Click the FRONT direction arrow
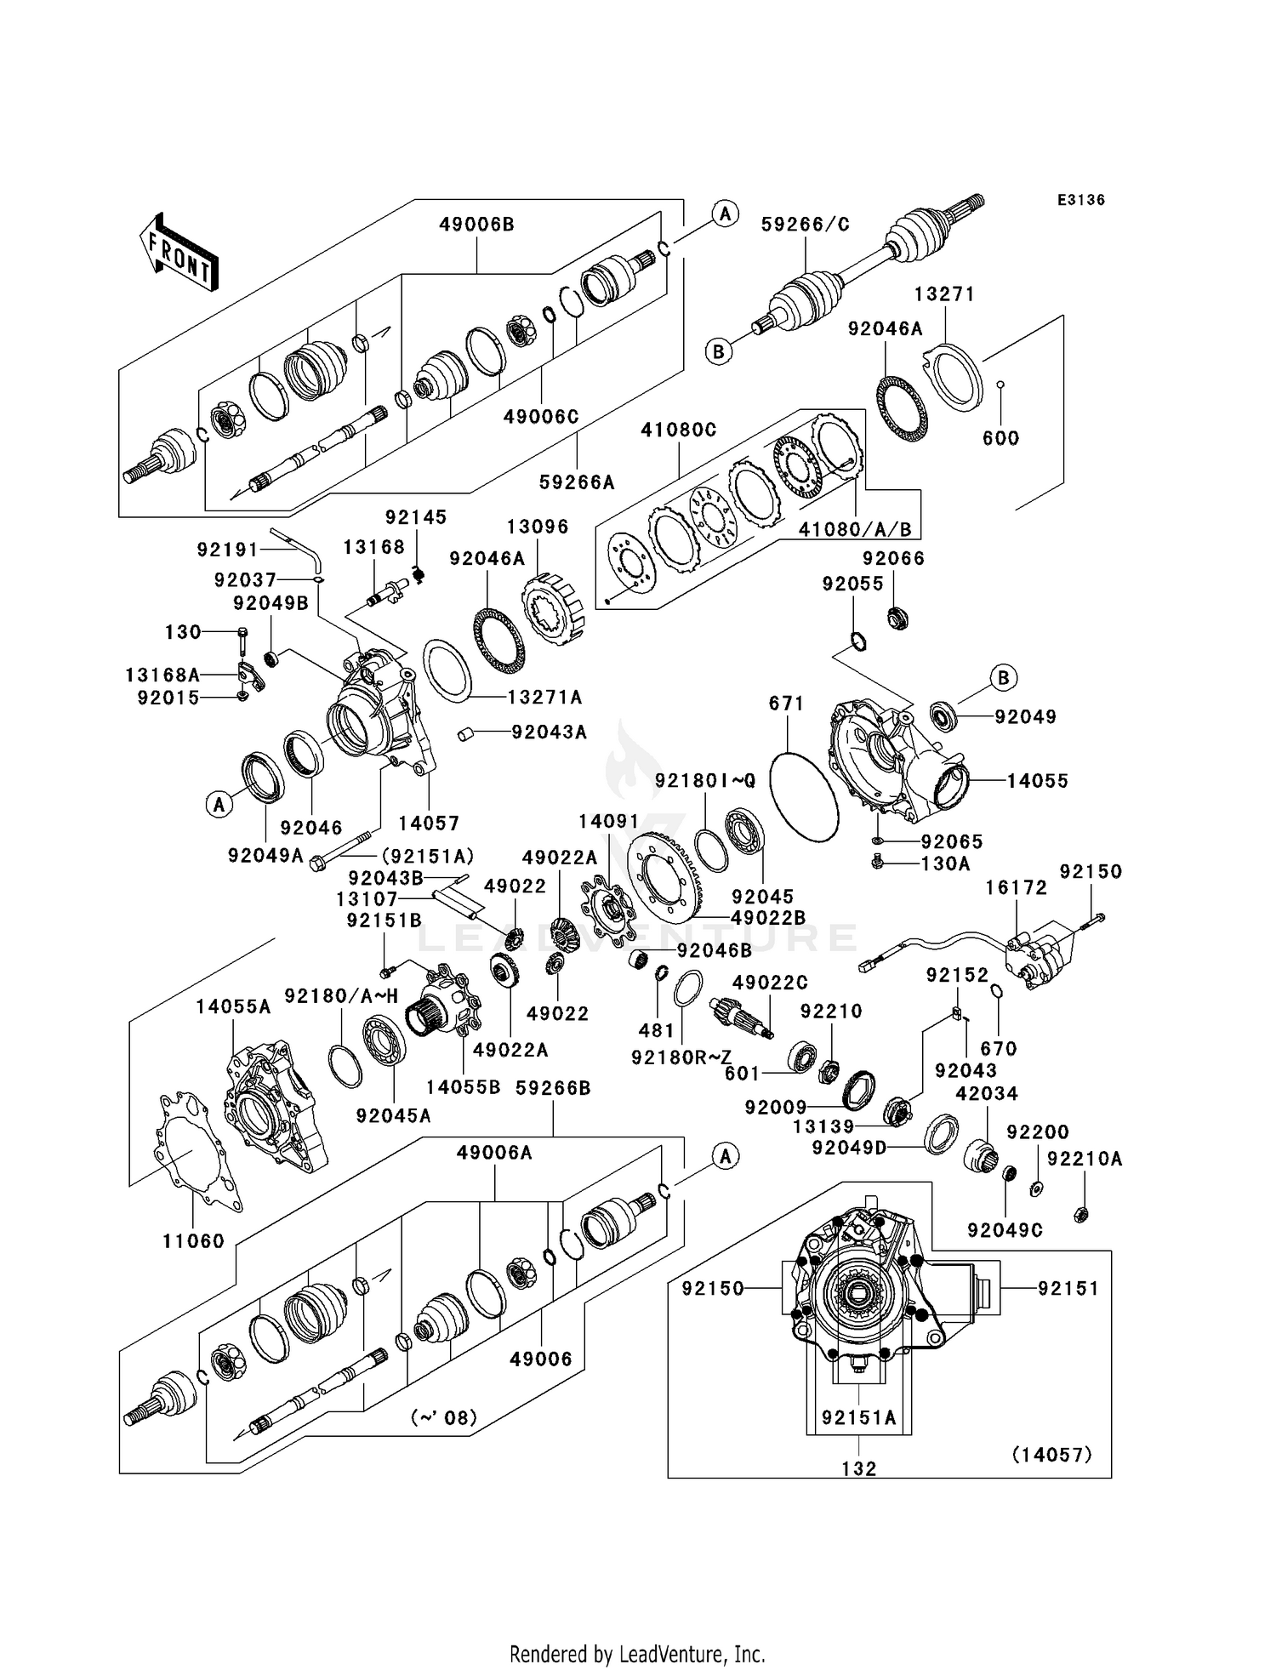[179, 254]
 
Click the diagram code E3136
[1080, 200]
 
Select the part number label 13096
[538, 527]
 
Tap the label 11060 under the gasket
[194, 1241]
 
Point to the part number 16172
[1017, 887]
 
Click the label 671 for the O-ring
[786, 704]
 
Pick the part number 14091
[608, 822]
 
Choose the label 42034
[987, 1093]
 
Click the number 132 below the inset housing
[859, 1468]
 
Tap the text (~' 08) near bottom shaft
[444, 1418]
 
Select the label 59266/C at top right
[805, 225]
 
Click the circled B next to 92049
[1004, 678]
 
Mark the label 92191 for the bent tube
[227, 550]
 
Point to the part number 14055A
[233, 1007]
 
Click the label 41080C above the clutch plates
[679, 430]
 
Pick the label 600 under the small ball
[1000, 438]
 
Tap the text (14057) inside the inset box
[1051, 1455]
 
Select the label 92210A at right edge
[1085, 1159]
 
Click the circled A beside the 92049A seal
[219, 804]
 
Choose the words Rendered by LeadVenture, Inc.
[637, 1654]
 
